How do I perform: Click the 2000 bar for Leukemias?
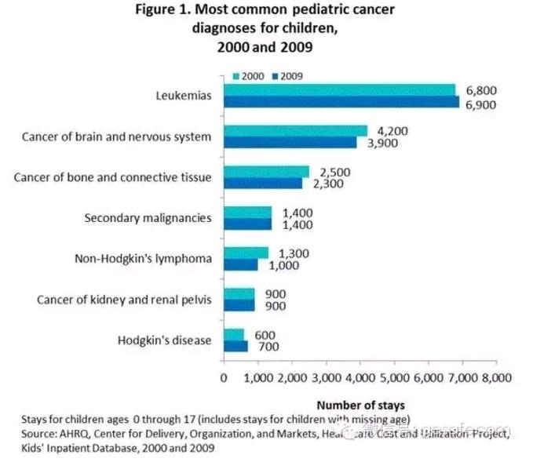pos(340,89)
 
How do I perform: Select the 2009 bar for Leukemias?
pos(341,101)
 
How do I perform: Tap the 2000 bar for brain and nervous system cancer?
pos(296,130)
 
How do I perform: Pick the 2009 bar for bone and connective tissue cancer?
pos(263,183)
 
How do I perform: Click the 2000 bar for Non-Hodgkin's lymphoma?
pos(246,253)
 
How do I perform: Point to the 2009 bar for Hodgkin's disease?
pos(236,346)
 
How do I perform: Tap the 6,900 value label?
pos(482,103)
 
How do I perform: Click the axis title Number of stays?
pos(360,406)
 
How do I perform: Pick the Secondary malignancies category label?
pos(148,217)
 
